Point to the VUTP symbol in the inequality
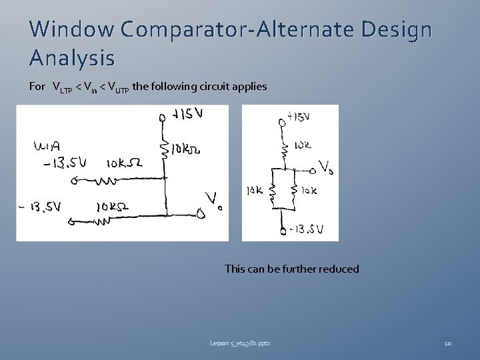[x=118, y=87]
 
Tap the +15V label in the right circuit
[x=299, y=117]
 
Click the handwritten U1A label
[x=46, y=145]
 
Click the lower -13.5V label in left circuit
[x=40, y=207]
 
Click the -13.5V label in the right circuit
[x=307, y=230]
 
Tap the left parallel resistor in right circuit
[x=271, y=193]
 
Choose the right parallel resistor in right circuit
[x=294, y=193]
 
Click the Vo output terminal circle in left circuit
[x=199, y=214]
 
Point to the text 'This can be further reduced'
[x=291, y=269]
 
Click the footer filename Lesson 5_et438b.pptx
[x=240, y=343]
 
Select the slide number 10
[x=447, y=343]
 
